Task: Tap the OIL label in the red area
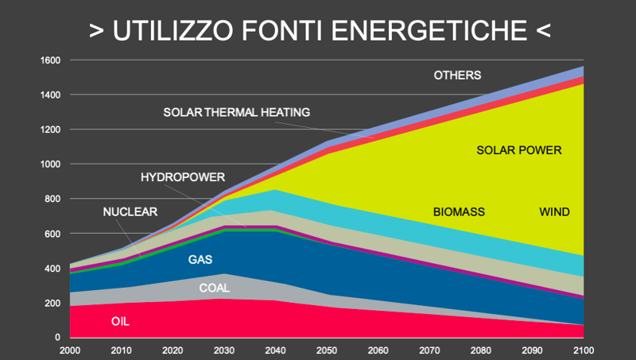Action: (120, 322)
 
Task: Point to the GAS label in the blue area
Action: (200, 259)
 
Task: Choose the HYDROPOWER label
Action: (183, 176)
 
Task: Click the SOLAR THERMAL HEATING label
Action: (236, 112)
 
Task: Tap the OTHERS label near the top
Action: (457, 75)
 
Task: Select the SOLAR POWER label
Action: (519, 149)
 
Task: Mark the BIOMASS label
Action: (459, 212)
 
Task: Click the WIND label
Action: (554, 212)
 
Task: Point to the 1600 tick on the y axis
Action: (49, 60)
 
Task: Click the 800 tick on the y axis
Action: (52, 199)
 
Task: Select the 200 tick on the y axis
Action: (52, 304)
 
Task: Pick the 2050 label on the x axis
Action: (326, 350)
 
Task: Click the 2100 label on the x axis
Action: (583, 350)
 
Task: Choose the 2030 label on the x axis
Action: (224, 350)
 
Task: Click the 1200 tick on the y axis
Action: (49, 130)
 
